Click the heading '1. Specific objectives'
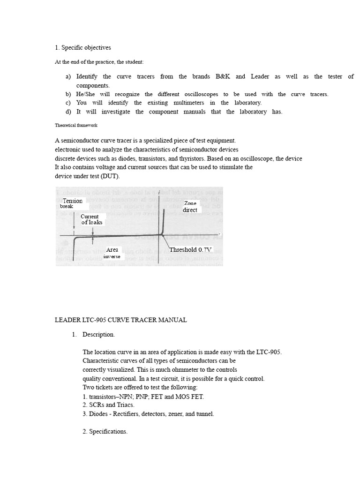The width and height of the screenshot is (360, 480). tap(83, 48)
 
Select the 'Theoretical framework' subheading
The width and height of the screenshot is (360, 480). tap(76, 125)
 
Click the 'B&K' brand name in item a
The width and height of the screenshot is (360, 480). tap(223, 76)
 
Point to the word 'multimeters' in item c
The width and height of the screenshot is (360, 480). tap(186, 103)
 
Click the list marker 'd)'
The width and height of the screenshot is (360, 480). tap(68, 112)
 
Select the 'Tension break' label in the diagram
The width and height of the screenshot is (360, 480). tap(72, 203)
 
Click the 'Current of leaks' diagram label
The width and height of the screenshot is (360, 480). tap(91, 219)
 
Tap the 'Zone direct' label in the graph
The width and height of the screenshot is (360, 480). tap(190, 207)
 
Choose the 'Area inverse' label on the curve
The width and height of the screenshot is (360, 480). tap(112, 253)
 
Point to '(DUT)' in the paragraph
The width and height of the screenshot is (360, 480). tap(110, 176)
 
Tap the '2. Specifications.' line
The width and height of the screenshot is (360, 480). tap(105, 432)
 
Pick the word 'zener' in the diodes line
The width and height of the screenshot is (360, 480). tap(180, 414)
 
